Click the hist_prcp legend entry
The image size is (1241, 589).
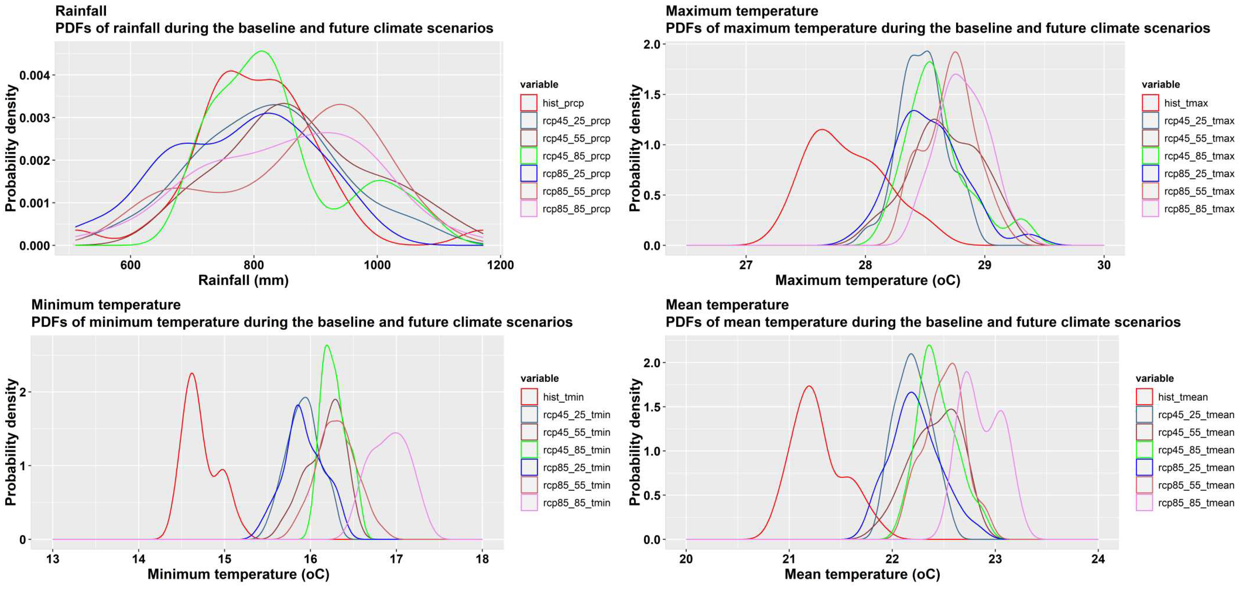pos(562,103)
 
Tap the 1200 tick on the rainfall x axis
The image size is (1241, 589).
pos(500,265)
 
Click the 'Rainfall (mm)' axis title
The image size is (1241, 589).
pos(243,280)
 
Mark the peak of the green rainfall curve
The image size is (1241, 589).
pos(262,51)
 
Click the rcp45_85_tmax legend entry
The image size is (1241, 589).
pos(1199,156)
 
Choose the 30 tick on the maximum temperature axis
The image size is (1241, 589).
pos(1104,265)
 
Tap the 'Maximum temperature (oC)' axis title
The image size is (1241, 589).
pos(867,280)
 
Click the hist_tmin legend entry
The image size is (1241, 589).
pos(563,397)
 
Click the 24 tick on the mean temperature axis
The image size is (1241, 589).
pos(1098,559)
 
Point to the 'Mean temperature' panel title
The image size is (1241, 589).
pos(727,305)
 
